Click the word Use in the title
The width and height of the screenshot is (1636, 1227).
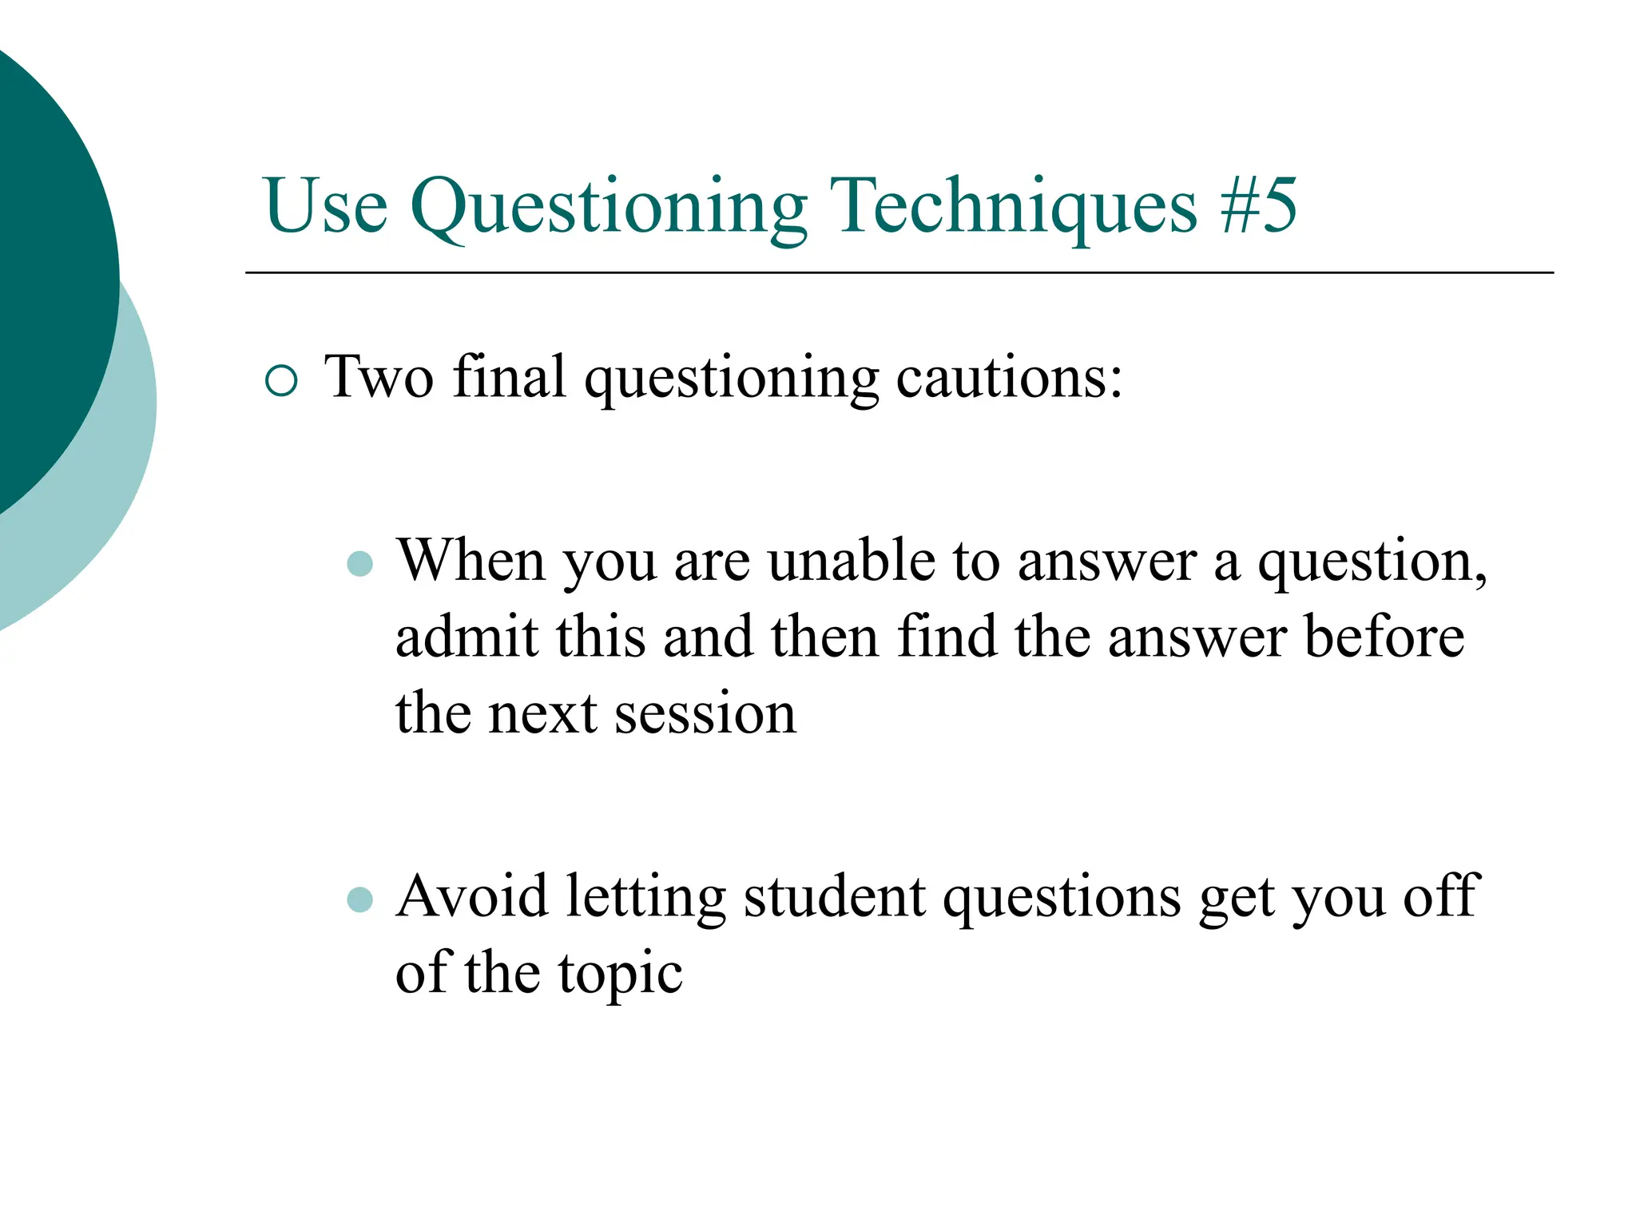(326, 207)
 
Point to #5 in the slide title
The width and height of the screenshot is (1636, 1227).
(1259, 207)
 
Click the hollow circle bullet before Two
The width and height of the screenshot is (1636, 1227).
(281, 380)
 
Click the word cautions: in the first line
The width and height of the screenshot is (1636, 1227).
(1010, 377)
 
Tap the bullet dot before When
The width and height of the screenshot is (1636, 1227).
(360, 564)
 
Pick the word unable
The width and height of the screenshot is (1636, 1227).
(852, 561)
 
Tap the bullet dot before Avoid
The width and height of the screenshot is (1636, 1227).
(360, 899)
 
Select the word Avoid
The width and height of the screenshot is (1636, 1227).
(471, 896)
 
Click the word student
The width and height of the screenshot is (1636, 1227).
(834, 896)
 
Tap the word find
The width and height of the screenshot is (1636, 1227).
(947, 637)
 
